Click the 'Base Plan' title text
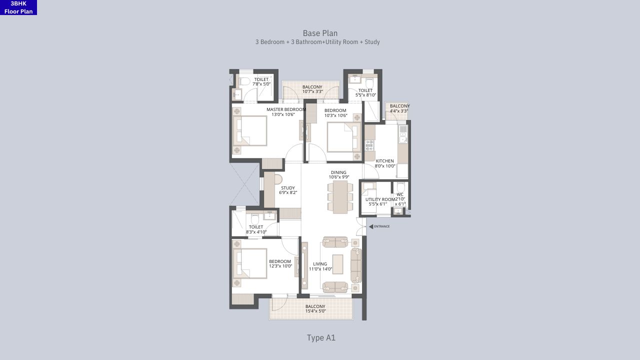(x=320, y=33)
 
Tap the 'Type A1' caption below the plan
(x=321, y=338)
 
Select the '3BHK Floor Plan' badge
(x=18, y=7)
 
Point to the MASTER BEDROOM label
(x=285, y=111)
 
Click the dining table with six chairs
(x=340, y=196)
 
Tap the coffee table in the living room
(x=337, y=264)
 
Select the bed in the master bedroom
(x=250, y=130)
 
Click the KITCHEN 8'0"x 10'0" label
(x=384, y=163)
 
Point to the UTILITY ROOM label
(x=379, y=201)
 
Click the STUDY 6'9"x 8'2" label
(x=287, y=190)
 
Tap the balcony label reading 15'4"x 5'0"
(x=315, y=308)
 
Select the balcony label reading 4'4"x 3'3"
(x=399, y=108)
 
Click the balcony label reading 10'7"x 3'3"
(x=312, y=89)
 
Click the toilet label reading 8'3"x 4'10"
(x=256, y=229)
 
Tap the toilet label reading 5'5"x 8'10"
(x=365, y=92)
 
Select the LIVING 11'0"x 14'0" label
(x=319, y=266)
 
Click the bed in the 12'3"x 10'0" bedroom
(x=250, y=263)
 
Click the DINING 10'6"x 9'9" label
(x=338, y=174)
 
